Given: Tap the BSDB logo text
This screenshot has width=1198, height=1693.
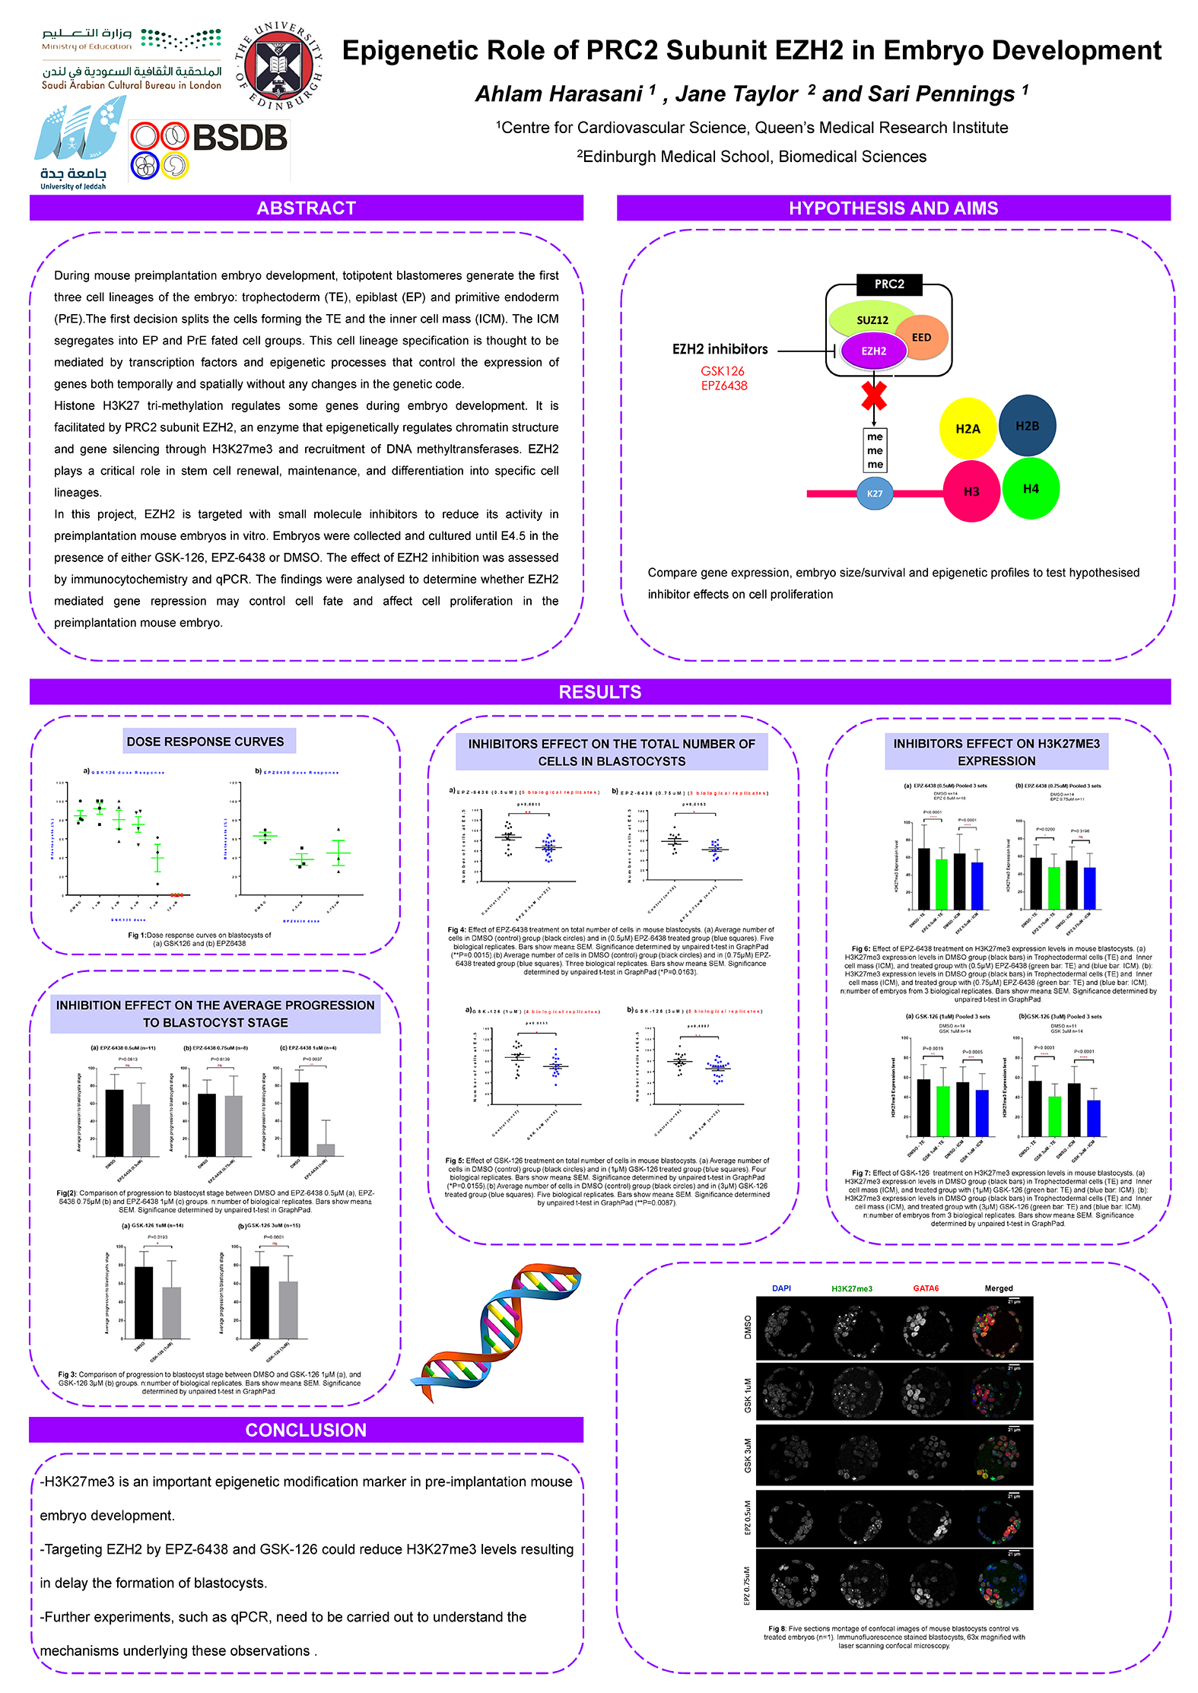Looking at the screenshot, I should pyautogui.click(x=240, y=138).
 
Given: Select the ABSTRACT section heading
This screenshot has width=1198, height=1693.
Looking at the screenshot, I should pyautogui.click(x=306, y=208).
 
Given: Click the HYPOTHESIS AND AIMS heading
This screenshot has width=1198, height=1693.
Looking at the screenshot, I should pyautogui.click(x=893, y=208).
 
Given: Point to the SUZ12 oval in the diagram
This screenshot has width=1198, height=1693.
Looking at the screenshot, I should pyautogui.click(x=872, y=319).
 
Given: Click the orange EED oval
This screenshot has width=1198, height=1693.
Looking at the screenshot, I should pyautogui.click(x=921, y=337).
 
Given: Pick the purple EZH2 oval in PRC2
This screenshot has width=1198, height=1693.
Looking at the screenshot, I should pyautogui.click(x=874, y=351).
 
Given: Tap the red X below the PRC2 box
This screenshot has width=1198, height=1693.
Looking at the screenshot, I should pyautogui.click(x=874, y=396).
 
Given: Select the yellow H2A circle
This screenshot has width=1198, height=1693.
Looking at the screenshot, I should pyautogui.click(x=968, y=428).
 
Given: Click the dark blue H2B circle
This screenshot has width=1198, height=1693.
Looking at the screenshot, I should pyautogui.click(x=1027, y=426).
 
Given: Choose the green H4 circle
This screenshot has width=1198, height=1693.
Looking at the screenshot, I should pyautogui.click(x=1031, y=488).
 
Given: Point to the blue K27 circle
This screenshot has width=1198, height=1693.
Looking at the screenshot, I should pyautogui.click(x=875, y=494).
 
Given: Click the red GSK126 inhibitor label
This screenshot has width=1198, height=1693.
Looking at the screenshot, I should pyautogui.click(x=723, y=371).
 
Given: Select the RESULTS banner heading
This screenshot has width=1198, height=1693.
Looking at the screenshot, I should pyautogui.click(x=599, y=692).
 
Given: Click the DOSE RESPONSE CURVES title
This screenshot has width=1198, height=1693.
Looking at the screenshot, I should pyautogui.click(x=205, y=742).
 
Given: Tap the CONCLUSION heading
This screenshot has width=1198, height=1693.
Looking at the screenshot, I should pyautogui.click(x=306, y=1430).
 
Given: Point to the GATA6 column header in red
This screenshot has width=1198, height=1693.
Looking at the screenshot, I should pyautogui.click(x=926, y=1288).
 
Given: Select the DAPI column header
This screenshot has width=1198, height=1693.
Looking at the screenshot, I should pyautogui.click(x=781, y=1288).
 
